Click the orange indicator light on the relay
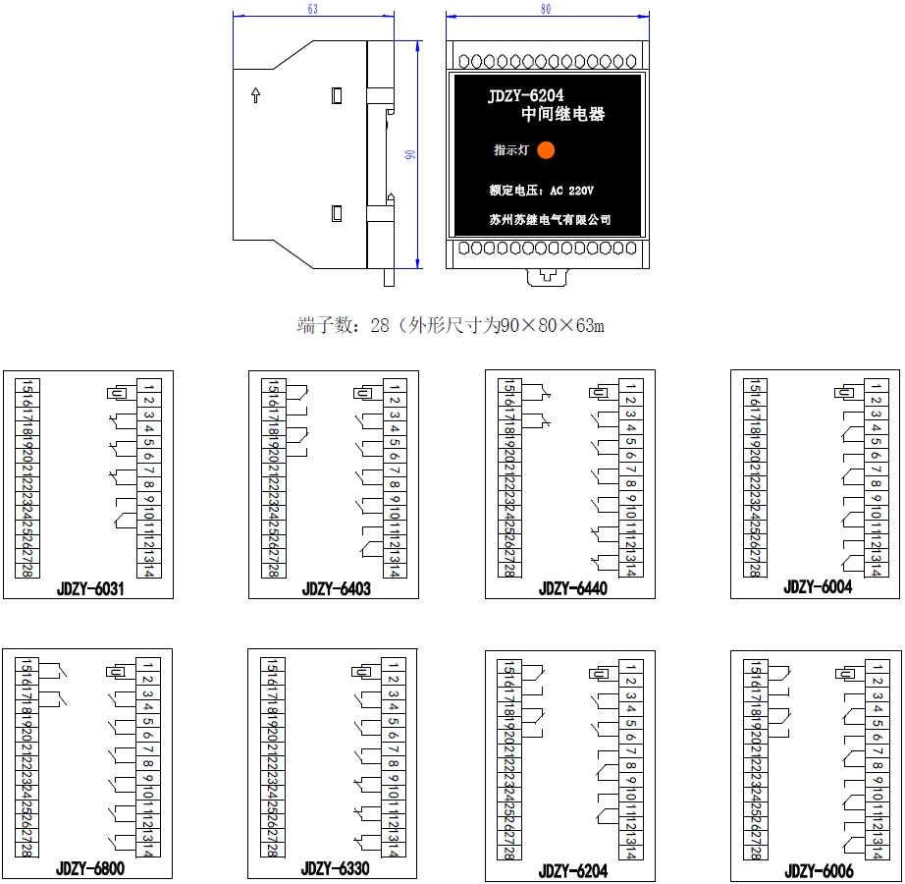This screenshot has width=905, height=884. [546, 150]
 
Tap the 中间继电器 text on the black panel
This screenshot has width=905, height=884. [563, 114]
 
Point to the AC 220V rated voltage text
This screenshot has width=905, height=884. [572, 190]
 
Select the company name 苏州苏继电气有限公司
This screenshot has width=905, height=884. [550, 220]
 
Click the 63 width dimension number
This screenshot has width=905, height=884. [313, 9]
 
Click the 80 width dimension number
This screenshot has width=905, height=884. [546, 9]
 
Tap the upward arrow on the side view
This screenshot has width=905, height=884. [255, 95]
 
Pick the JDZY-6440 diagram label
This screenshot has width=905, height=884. [573, 588]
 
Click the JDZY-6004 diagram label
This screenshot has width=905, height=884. [818, 586]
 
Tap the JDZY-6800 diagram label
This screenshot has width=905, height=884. [89, 868]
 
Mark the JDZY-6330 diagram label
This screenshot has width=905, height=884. [336, 868]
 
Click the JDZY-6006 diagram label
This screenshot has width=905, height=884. [819, 871]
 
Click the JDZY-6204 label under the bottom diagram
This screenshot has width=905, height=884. [573, 871]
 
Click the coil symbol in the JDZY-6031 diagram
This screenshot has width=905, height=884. [117, 393]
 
